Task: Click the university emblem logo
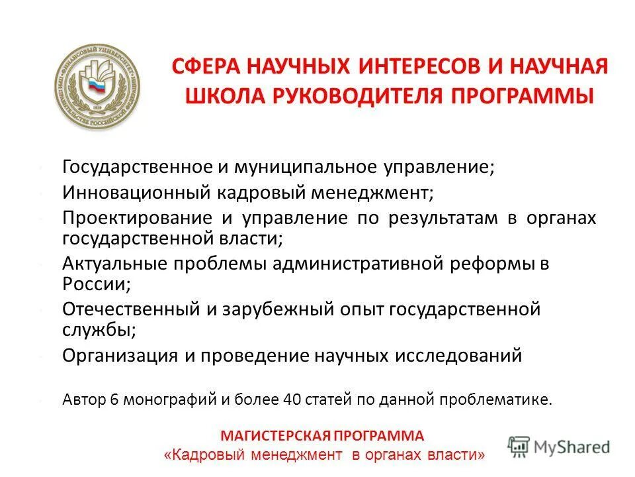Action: (x=97, y=87)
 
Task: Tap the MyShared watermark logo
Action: (x=559, y=446)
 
